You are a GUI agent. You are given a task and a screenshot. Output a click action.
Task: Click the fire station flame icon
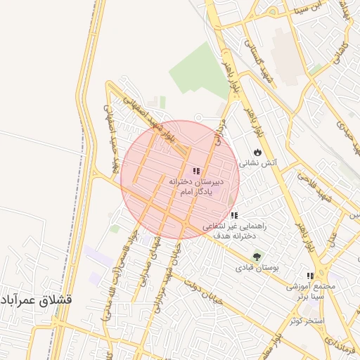pos(258,151)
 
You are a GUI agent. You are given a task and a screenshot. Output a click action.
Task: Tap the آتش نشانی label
pos(259,162)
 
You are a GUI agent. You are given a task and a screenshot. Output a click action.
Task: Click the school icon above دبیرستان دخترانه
pos(195,171)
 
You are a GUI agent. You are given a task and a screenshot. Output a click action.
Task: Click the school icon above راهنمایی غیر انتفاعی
pos(234,215)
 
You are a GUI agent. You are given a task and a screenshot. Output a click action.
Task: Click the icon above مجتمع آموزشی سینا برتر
pos(310,276)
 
